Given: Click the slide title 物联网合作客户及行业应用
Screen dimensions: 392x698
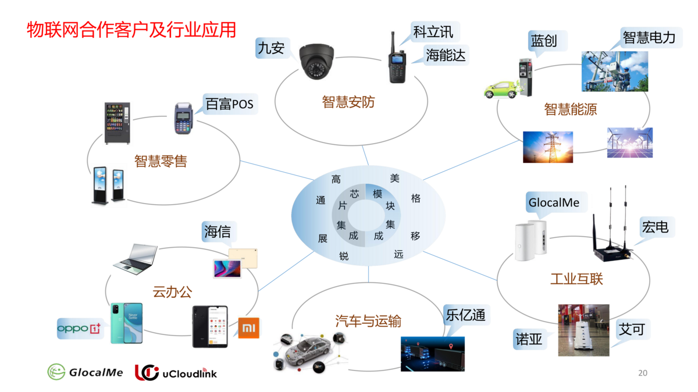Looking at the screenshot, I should click(131, 29).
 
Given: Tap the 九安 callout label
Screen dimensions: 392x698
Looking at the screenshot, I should click(271, 48).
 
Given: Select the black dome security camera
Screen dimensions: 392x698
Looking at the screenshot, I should click(318, 62).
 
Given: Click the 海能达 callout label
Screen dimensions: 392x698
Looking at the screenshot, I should click(446, 55).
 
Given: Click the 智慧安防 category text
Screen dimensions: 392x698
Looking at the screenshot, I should click(348, 102).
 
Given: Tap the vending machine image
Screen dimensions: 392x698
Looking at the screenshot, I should click(117, 123).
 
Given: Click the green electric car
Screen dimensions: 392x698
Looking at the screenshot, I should click(501, 90).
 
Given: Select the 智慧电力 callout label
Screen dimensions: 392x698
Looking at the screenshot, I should click(649, 38).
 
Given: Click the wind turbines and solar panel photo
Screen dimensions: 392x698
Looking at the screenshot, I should click(630, 142).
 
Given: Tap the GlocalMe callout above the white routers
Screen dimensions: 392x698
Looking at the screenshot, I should click(554, 203).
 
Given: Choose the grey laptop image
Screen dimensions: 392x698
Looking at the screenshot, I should click(136, 259).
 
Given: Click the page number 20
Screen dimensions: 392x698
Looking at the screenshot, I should click(643, 373).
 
